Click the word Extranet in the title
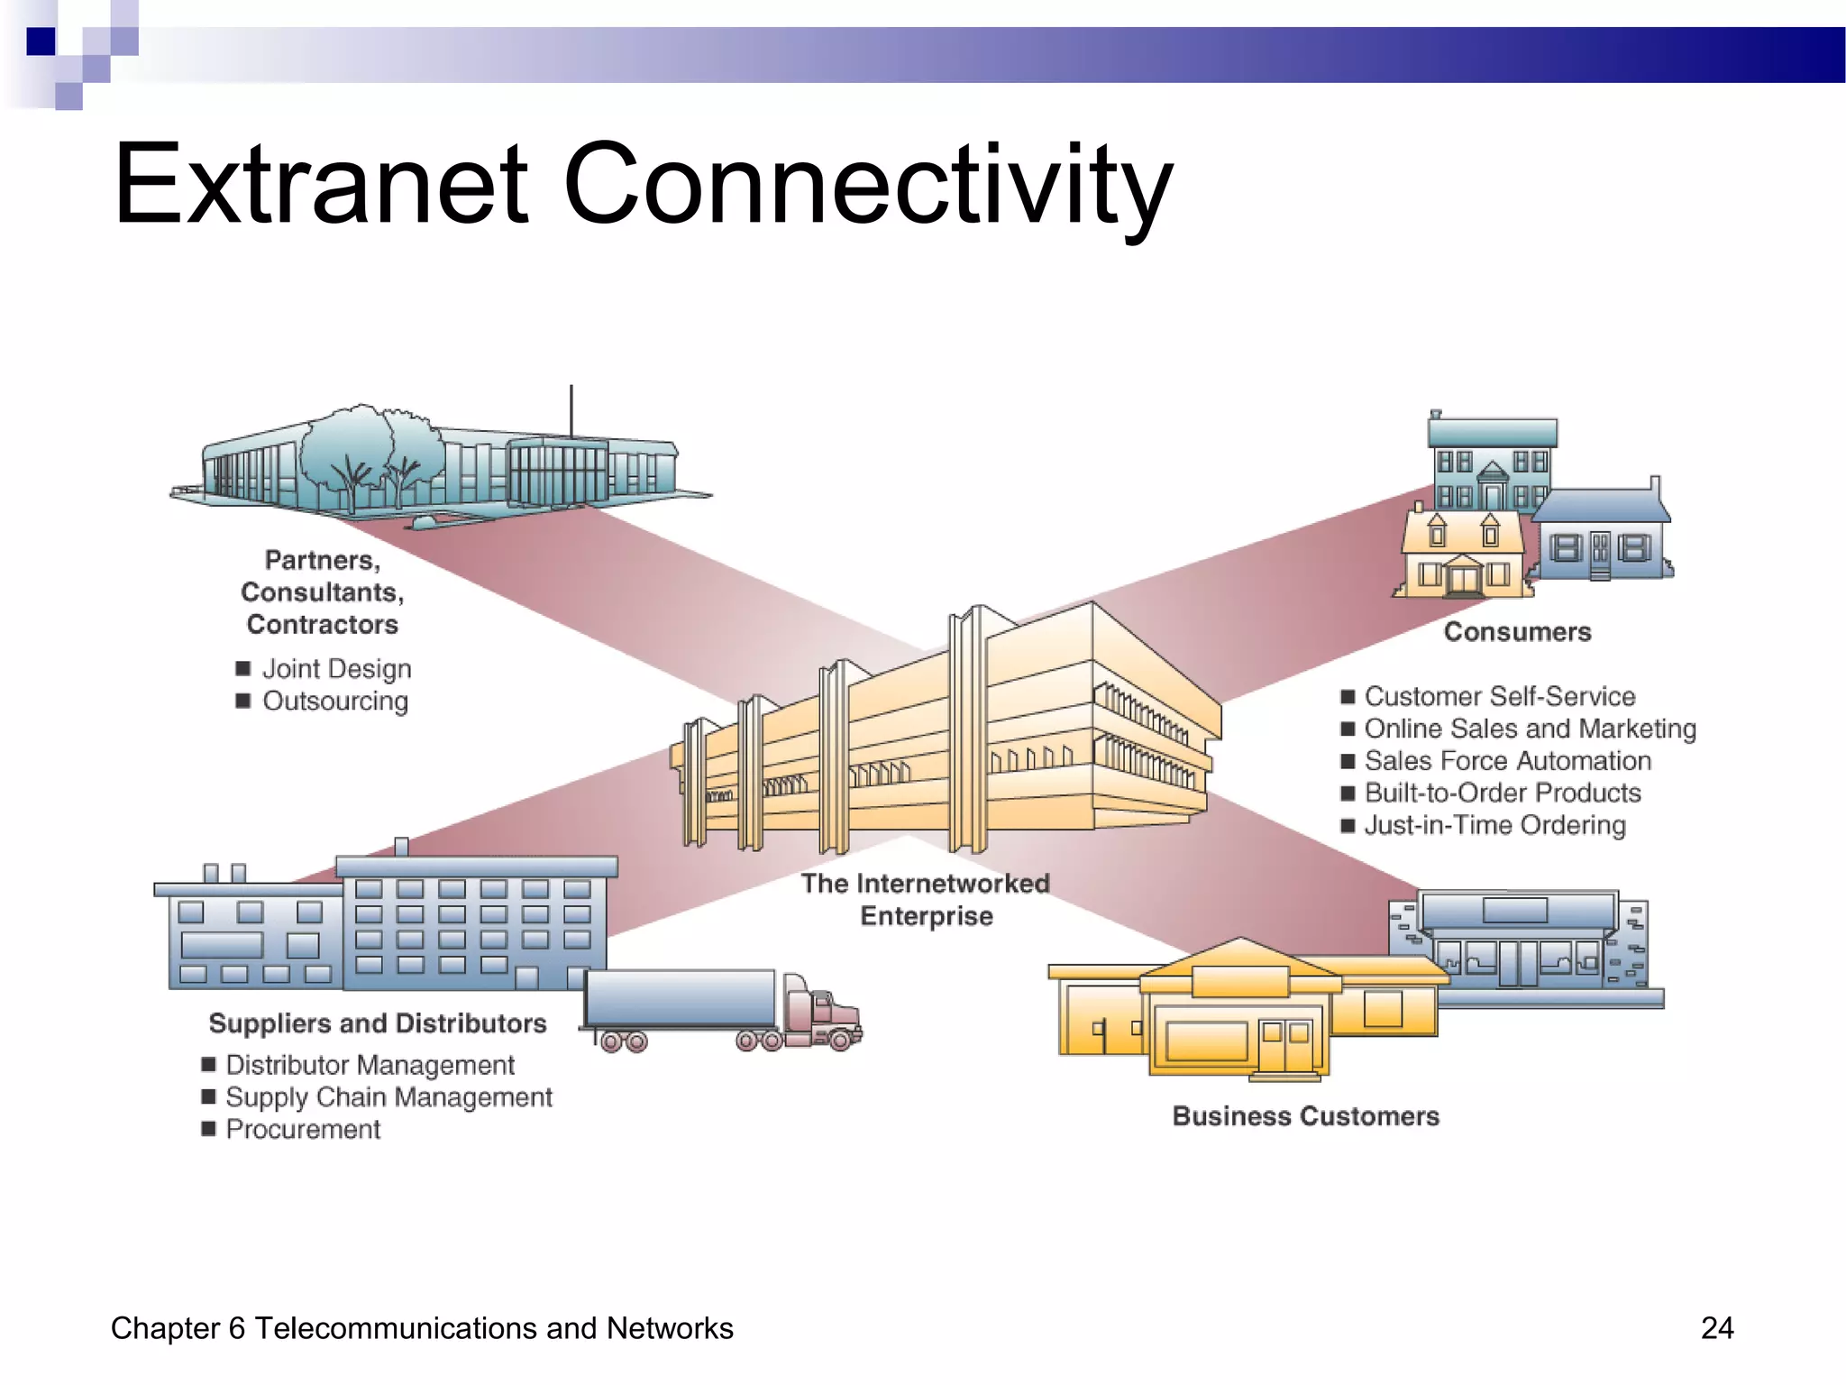pos(321,185)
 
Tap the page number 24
pos(1716,1328)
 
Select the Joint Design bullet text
pos(336,669)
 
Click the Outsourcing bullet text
pos(334,702)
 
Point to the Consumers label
pos(1517,632)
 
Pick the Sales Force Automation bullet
pos(1507,761)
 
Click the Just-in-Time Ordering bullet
pos(1494,826)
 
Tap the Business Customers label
pos(1305,1116)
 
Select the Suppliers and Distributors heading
pos(378,1023)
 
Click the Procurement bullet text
pos(303,1130)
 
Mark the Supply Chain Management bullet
pos(388,1097)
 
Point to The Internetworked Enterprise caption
pos(926,900)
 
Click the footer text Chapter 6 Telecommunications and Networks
pos(422,1328)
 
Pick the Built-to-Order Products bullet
pos(1503,793)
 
